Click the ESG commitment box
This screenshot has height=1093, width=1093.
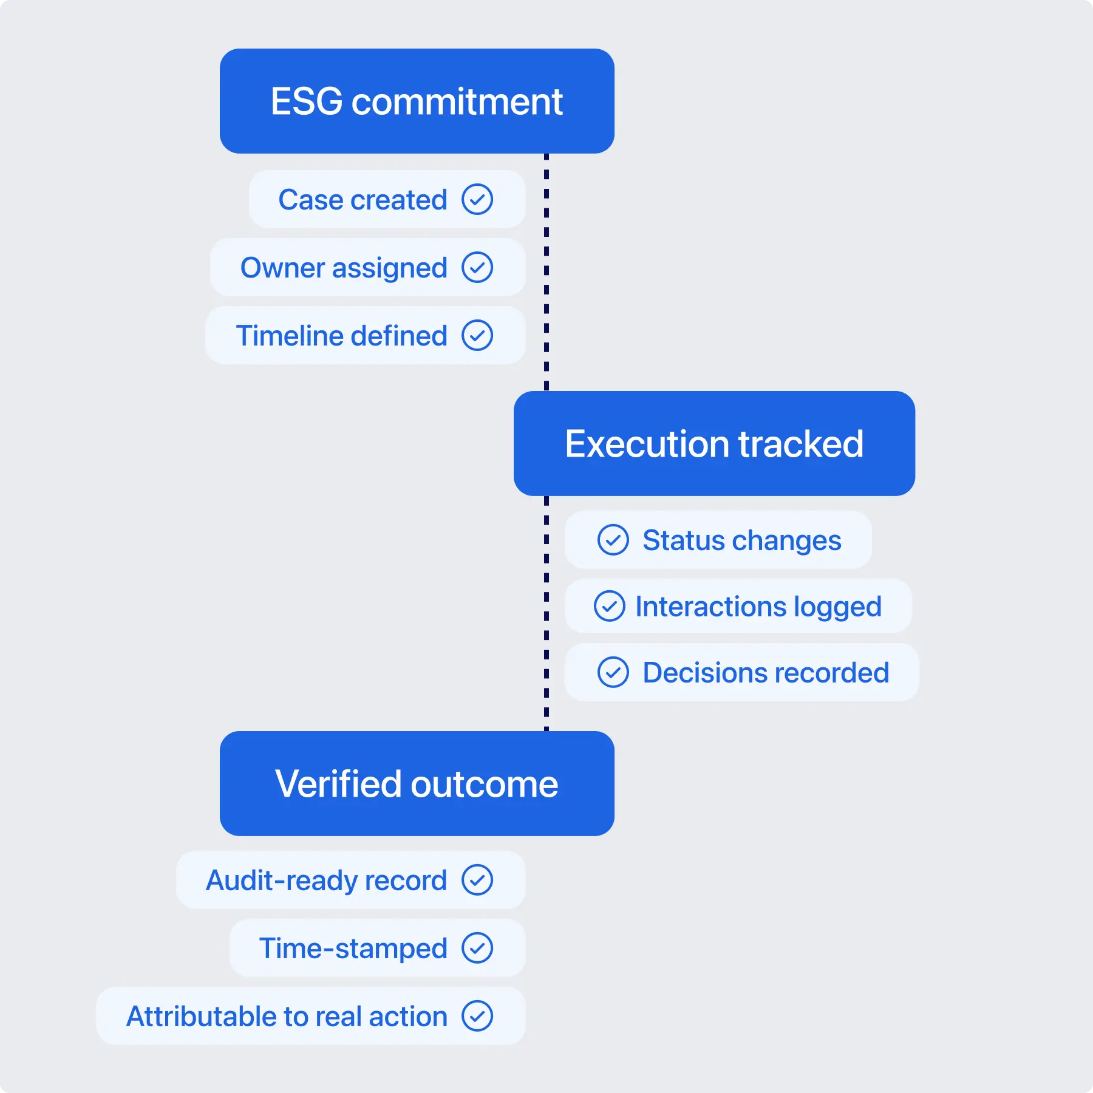(417, 101)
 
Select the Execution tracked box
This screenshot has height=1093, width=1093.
(714, 443)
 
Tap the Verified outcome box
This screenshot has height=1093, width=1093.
(417, 783)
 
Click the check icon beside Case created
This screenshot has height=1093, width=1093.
(477, 199)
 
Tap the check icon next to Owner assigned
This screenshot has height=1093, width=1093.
(477, 267)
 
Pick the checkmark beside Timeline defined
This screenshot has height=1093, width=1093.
(477, 335)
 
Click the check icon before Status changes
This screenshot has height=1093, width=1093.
(613, 540)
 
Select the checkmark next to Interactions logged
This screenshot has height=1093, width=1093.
(610, 606)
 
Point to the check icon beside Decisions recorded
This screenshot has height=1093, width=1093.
(613, 672)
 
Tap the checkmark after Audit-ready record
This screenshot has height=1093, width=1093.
(477, 880)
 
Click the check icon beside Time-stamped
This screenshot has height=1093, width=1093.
(477, 948)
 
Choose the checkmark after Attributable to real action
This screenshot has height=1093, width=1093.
(477, 1016)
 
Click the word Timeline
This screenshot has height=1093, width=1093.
(289, 336)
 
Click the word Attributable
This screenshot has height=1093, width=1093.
(201, 1016)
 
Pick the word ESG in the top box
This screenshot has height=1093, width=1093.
(307, 101)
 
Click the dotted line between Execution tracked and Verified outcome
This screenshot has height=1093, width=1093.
(546, 613)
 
